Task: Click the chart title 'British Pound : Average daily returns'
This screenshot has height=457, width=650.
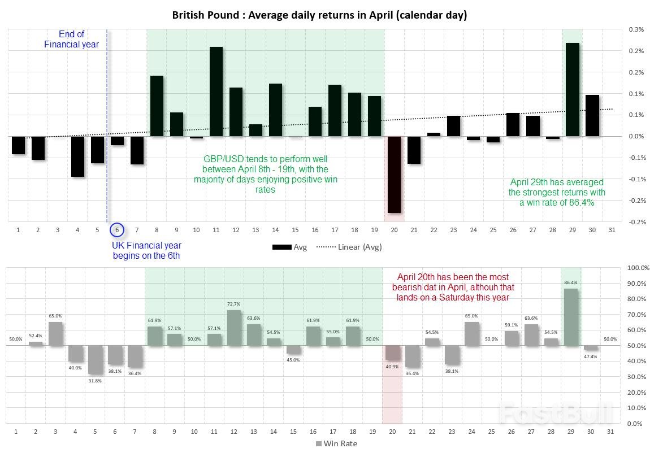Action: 319,15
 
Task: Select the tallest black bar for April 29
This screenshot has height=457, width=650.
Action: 572,89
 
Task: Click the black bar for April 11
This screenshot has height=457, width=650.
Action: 216,92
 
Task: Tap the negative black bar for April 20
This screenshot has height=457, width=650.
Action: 394,174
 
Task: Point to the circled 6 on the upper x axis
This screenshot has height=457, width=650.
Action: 116,230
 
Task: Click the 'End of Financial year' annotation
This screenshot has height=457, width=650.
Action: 72,40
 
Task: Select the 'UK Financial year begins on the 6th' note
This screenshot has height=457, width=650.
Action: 147,250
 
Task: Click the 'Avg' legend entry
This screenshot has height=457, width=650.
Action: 289,247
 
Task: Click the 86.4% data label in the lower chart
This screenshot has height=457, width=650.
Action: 571,282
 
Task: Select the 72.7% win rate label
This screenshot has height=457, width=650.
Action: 234,303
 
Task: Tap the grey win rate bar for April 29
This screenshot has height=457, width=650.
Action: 571,317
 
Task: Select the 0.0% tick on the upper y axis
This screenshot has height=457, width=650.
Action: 636,136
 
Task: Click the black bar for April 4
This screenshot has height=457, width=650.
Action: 77,156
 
